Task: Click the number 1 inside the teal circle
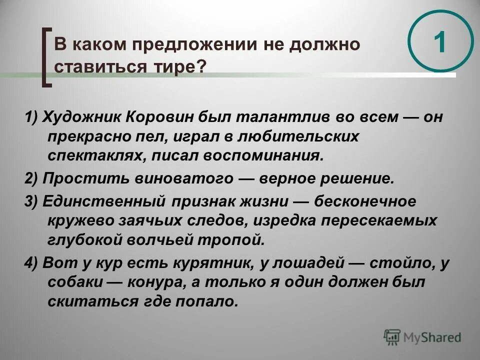coord(439,43)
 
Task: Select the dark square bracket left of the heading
coord(46,57)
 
